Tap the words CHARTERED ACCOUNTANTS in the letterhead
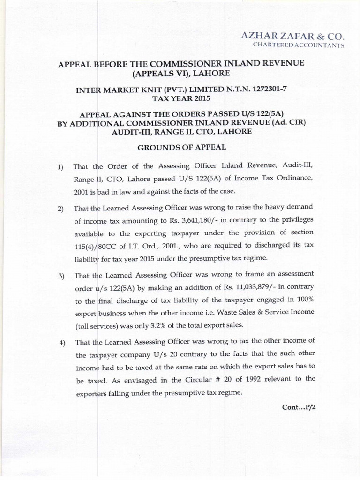click(x=299, y=45)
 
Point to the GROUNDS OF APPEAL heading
click(x=181, y=147)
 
